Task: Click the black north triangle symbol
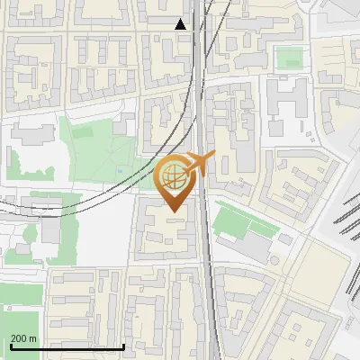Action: point(180,24)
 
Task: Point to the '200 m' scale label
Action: point(23,338)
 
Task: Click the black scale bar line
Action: point(67,346)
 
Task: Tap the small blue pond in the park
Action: point(120,170)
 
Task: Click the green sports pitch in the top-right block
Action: point(289,58)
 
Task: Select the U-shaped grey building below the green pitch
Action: point(288,98)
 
